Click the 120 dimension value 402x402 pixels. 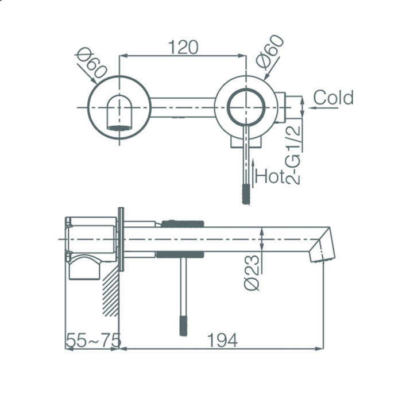click(183, 47)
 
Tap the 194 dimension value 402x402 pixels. click(223, 340)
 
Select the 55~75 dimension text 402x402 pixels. click(93, 340)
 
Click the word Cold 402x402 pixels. click(333, 98)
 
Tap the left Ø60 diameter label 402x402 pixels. click(91, 64)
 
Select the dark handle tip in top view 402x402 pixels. click(246, 194)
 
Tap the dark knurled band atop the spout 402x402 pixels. click(182, 223)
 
